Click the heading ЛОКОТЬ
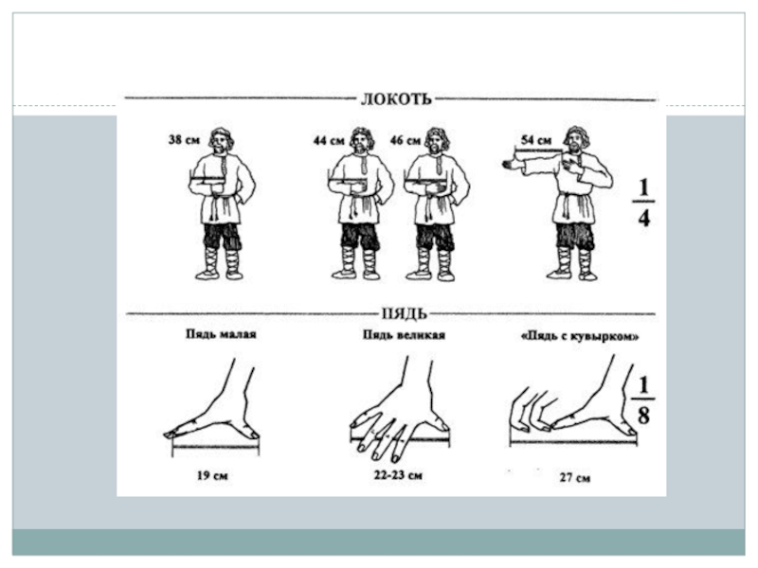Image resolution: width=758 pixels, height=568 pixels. click(x=396, y=99)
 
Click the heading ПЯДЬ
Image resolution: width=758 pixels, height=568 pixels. click(x=405, y=314)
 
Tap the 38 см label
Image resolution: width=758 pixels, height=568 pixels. click(x=184, y=139)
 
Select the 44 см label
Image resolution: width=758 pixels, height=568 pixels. click(x=329, y=140)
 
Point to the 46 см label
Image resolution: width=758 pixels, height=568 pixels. click(x=406, y=140)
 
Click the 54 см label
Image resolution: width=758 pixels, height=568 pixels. click(x=535, y=140)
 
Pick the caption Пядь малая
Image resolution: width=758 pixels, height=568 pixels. click(x=221, y=334)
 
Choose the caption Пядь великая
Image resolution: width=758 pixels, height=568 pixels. click(x=404, y=335)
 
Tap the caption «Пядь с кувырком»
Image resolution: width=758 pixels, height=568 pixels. click(x=580, y=336)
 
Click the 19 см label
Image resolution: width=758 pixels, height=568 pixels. click(x=212, y=476)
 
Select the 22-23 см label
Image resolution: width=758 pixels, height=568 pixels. click(x=398, y=475)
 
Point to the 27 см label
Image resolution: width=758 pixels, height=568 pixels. click(x=575, y=478)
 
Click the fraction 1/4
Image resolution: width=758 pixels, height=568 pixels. click(x=643, y=202)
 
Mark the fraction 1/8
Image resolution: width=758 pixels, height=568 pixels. click(x=643, y=399)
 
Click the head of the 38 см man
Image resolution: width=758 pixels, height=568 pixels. click(x=221, y=140)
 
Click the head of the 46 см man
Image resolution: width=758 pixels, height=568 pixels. click(x=438, y=140)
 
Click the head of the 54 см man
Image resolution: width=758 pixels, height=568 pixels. click(x=576, y=139)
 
